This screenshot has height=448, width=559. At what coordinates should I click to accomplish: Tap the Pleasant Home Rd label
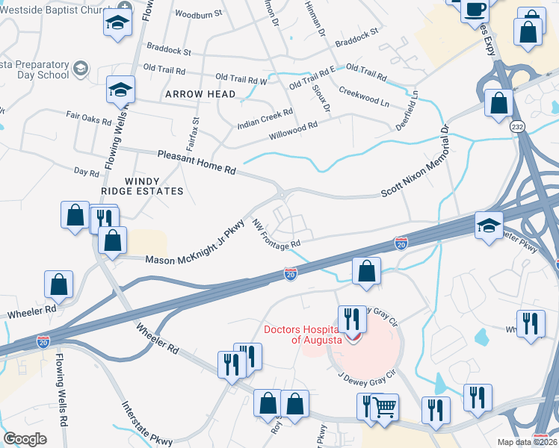(x=197, y=162)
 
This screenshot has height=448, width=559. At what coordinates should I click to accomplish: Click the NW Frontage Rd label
(x=276, y=234)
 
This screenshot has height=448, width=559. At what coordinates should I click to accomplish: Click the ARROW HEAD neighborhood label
(x=200, y=94)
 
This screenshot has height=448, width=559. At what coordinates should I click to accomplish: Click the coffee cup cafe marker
(x=475, y=10)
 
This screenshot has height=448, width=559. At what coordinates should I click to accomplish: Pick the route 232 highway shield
(x=517, y=128)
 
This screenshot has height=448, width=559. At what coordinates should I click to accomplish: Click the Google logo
(x=25, y=438)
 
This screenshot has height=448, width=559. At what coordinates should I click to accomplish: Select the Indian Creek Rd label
(x=265, y=118)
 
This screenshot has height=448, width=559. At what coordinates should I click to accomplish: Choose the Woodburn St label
(x=198, y=14)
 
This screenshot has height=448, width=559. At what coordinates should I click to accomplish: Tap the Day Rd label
(x=87, y=172)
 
